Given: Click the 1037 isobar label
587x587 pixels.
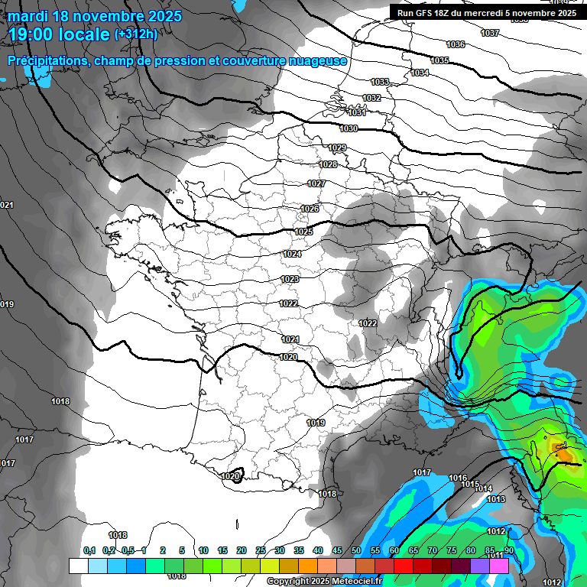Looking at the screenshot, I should point(490,33).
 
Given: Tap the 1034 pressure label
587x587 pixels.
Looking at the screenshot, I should point(420,73).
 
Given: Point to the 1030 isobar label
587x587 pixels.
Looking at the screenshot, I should point(349,128).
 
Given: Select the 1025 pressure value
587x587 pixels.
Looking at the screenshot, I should point(303,232).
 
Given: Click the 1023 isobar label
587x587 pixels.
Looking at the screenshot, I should point(290,280).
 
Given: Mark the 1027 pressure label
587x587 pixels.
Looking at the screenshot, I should point(316,183).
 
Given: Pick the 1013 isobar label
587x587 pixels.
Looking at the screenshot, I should point(496,499).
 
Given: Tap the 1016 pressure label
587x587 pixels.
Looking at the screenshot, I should point(457,478).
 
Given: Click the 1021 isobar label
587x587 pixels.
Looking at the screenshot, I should point(290,339).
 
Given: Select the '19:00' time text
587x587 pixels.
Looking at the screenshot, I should point(31,34).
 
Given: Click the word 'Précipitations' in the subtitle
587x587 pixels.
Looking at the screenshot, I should point(46,61).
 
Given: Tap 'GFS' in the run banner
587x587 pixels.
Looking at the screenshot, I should point(423,13).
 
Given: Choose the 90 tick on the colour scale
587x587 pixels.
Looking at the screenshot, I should point(508,550).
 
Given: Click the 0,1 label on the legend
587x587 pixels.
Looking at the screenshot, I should point(89,550).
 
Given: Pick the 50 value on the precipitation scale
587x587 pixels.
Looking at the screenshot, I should point(356,550).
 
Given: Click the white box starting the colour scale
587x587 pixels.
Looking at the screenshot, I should point(78,566).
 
